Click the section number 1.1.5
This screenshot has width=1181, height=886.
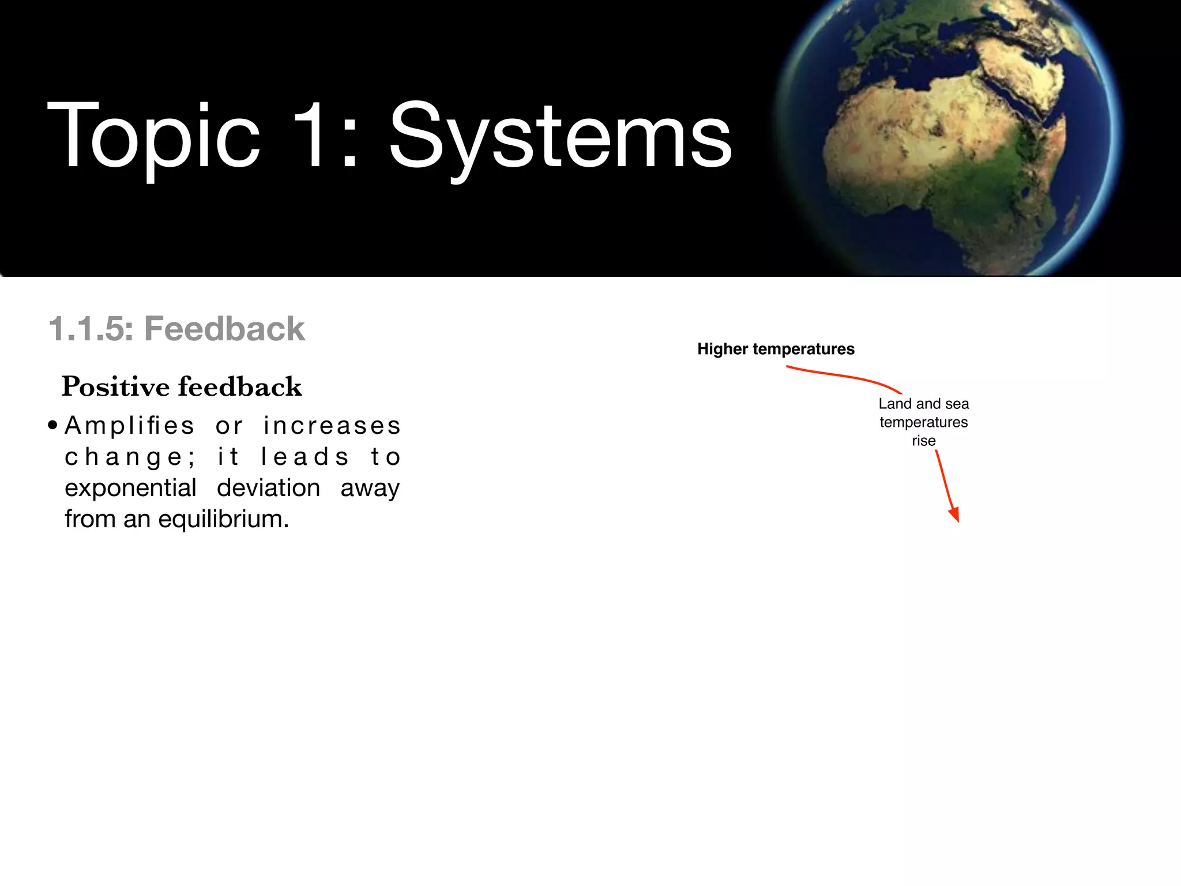pyautogui.click(x=91, y=329)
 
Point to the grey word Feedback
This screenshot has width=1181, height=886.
pyautogui.click(x=224, y=329)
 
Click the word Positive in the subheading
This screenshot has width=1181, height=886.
pyautogui.click(x=115, y=387)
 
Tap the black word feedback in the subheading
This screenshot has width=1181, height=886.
pyautogui.click(x=240, y=387)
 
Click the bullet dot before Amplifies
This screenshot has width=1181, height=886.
pyautogui.click(x=53, y=426)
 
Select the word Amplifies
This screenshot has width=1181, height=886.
pyautogui.click(x=130, y=426)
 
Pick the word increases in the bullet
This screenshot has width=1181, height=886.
pyautogui.click(x=332, y=426)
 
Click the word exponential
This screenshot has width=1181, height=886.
pyautogui.click(x=130, y=489)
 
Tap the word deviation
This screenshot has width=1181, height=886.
pyautogui.click(x=268, y=489)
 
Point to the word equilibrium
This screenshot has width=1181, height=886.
pyautogui.click(x=223, y=520)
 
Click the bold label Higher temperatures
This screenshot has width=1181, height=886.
pyautogui.click(x=776, y=349)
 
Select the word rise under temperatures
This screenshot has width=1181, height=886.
pyautogui.click(x=923, y=441)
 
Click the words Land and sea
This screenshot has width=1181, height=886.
pyautogui.click(x=923, y=404)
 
